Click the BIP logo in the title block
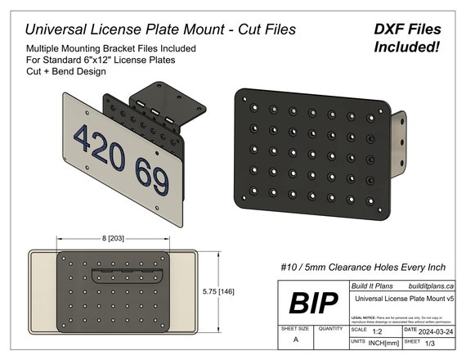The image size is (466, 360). pyautogui.click(x=314, y=303)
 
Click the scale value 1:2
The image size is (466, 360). pyautogui.click(x=378, y=333)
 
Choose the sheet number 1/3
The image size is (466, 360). pyautogui.click(x=432, y=345)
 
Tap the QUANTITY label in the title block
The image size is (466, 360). pyautogui.click(x=330, y=328)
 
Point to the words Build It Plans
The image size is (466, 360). pyautogui.click(x=372, y=286)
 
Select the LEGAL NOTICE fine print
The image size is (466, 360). pyautogui.click(x=401, y=317)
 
